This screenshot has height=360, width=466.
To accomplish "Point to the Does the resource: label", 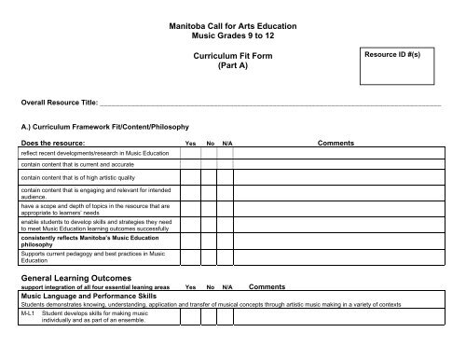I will [x=57, y=144].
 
